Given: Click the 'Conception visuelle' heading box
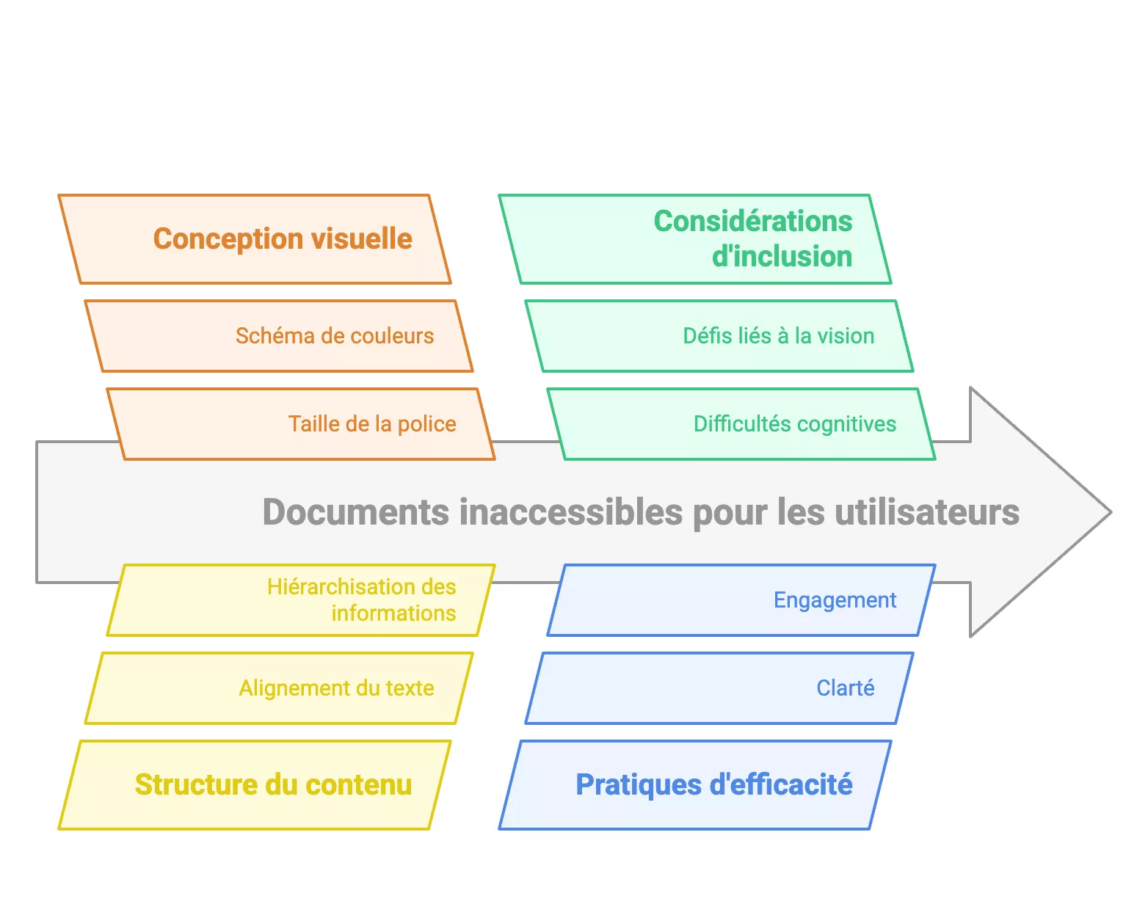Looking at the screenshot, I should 255,239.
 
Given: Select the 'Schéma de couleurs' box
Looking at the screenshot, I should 279,336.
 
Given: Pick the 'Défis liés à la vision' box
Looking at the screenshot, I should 719,336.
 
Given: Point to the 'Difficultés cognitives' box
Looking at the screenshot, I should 741,424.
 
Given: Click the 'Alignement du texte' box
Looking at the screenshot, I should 279,688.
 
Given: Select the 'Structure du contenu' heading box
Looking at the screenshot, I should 255,785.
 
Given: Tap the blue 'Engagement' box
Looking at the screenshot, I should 741,600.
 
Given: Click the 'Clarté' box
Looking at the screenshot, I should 719,688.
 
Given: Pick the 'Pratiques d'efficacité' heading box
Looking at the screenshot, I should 695,785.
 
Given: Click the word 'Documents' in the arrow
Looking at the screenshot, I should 356,512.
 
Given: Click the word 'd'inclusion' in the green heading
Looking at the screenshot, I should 782,257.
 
